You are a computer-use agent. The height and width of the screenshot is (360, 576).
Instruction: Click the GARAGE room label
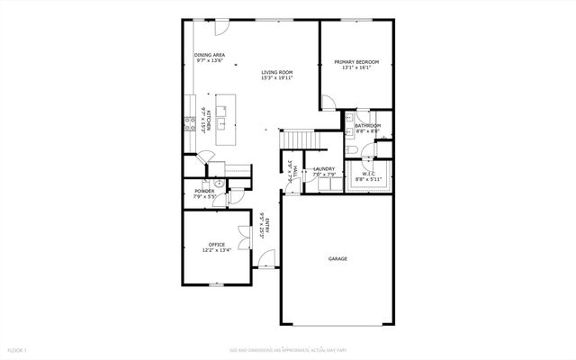(337, 258)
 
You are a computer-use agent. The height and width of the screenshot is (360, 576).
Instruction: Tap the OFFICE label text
(216, 244)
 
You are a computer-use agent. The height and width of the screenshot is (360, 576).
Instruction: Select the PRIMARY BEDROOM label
(356, 62)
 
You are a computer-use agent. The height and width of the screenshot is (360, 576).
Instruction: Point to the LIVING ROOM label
(277, 72)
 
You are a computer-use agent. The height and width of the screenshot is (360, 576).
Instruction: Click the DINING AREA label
(209, 56)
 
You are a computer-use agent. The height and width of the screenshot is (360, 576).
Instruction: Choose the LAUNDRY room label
(324, 168)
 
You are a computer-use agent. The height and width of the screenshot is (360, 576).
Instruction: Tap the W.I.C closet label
(369, 174)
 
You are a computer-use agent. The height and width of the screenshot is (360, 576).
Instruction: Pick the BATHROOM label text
(367, 125)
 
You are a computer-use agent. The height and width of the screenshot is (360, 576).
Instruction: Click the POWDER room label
(204, 192)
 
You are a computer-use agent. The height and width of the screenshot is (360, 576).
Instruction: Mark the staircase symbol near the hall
(298, 139)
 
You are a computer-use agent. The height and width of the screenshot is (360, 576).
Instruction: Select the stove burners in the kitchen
(191, 124)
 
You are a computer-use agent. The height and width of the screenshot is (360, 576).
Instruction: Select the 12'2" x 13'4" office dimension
(216, 250)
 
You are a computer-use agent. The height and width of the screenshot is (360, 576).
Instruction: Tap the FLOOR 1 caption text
(18, 349)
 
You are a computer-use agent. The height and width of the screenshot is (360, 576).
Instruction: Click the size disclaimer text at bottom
(287, 349)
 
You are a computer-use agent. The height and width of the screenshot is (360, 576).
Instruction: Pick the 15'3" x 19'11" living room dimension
(277, 78)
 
